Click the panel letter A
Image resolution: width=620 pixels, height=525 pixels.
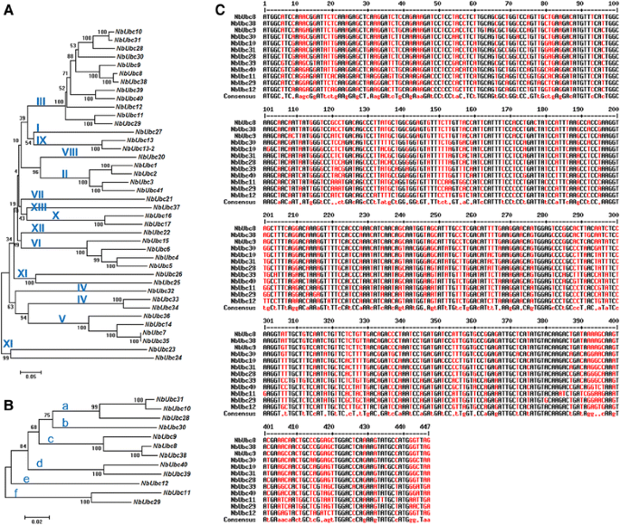pyautogui.click(x=8, y=8)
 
